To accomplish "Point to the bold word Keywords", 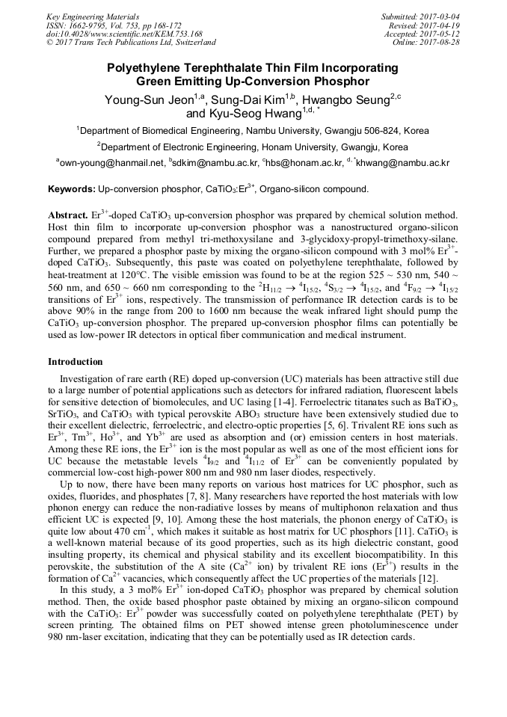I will pyautogui.click(x=71, y=190).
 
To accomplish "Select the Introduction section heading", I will pyautogui.click(x=76, y=362).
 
